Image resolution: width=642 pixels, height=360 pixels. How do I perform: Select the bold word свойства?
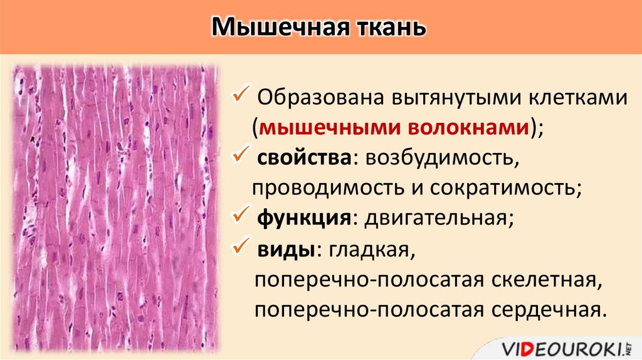pos(303,157)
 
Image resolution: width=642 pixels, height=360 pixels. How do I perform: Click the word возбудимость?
pos(438,157)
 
